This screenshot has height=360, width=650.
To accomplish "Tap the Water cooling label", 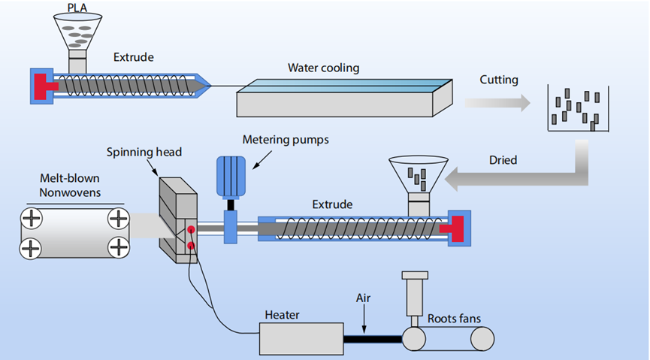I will [x=323, y=68].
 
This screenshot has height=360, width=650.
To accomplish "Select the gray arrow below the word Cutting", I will [x=497, y=103].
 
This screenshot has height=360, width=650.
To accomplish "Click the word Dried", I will [x=503, y=160].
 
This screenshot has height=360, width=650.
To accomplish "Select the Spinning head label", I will [x=144, y=153].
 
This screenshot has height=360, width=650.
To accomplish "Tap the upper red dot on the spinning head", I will [x=192, y=229].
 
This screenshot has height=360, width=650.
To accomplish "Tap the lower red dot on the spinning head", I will [x=192, y=246].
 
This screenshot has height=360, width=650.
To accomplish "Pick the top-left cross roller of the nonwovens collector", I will [x=32, y=219].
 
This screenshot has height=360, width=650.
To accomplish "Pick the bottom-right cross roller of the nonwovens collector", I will [x=118, y=247].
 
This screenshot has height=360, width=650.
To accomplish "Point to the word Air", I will [x=363, y=298].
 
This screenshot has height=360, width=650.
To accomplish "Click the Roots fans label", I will [x=454, y=318].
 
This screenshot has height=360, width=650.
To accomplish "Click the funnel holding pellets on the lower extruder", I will [x=419, y=174].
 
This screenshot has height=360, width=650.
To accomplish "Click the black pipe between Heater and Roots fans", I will [x=373, y=338].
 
